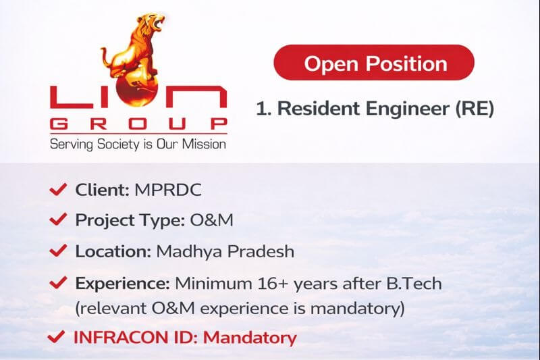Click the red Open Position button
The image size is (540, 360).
pyautogui.click(x=375, y=63)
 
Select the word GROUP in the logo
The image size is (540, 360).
pyautogui.click(x=138, y=124)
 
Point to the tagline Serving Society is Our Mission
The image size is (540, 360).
pyautogui.click(x=138, y=144)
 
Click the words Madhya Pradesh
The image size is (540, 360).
pyautogui.click(x=225, y=251)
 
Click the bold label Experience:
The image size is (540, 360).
pyautogui.click(x=122, y=283)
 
